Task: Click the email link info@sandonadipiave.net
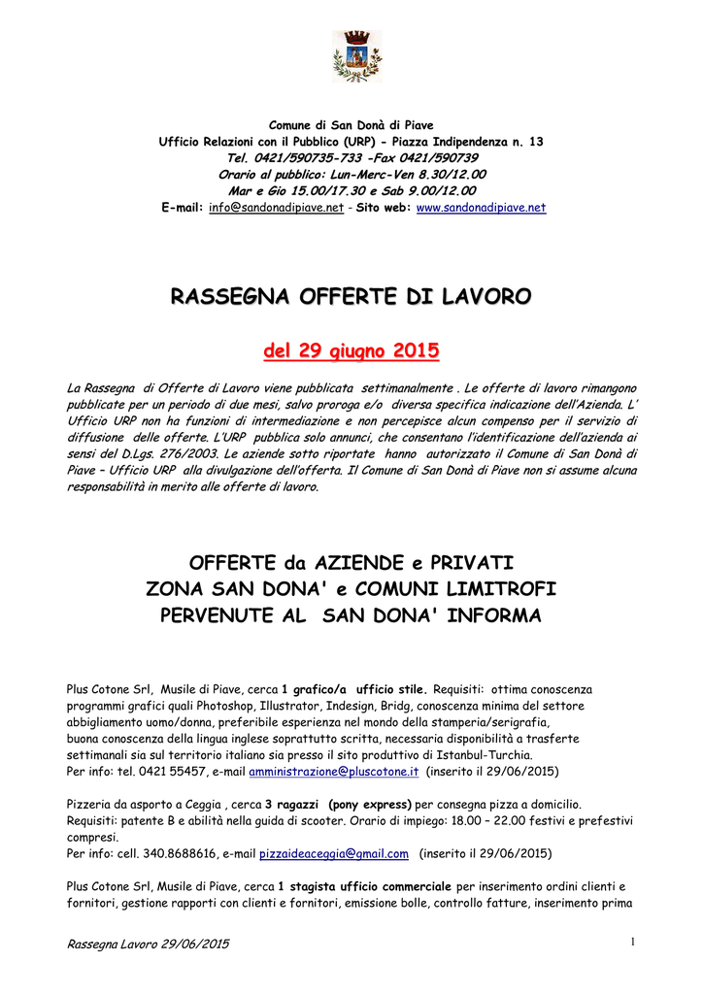coord(276,208)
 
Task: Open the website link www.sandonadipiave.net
coord(481,208)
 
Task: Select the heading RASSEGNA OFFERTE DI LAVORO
coord(351,295)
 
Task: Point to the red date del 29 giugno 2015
coord(351,349)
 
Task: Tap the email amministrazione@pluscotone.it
coord(334,771)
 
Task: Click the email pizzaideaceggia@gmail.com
coord(331,854)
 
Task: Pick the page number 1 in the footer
coord(631,941)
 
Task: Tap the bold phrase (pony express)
coord(370,804)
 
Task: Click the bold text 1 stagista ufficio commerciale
coord(364,886)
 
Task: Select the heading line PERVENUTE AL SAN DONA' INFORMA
coord(351,615)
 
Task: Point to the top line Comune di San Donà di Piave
coord(351,125)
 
